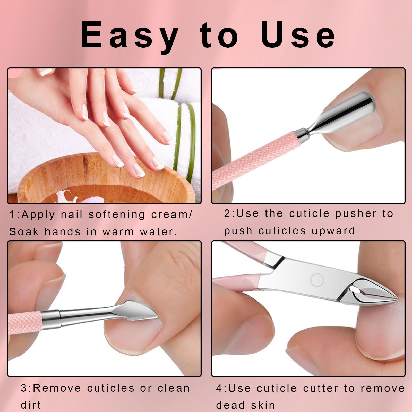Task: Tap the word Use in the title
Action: click(x=298, y=35)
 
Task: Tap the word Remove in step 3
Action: click(x=57, y=388)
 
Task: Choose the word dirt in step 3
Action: click(x=31, y=405)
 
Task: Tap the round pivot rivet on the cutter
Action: click(x=317, y=280)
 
